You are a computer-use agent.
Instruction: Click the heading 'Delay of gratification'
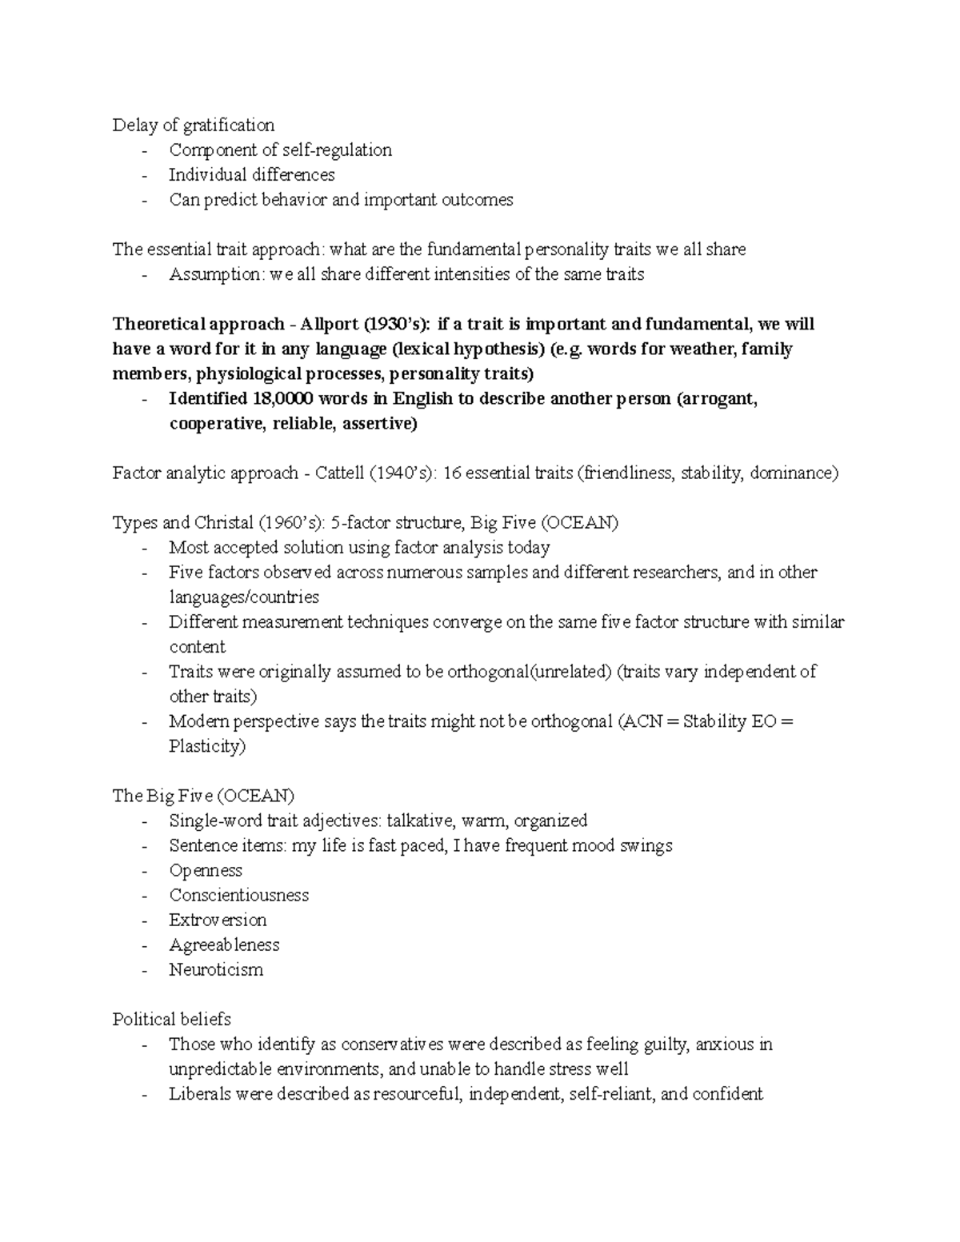(x=193, y=125)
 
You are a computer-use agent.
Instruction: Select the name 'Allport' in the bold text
(x=328, y=324)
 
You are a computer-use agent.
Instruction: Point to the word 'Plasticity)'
(x=207, y=746)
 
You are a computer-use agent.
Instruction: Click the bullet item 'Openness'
(x=206, y=870)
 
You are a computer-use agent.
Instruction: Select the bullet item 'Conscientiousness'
(x=238, y=895)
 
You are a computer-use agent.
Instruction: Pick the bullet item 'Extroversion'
(x=218, y=920)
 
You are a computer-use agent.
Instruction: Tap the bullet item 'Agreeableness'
(x=224, y=944)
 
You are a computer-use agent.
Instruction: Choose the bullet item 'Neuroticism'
(x=215, y=969)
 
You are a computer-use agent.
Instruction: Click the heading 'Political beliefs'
(x=171, y=1019)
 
